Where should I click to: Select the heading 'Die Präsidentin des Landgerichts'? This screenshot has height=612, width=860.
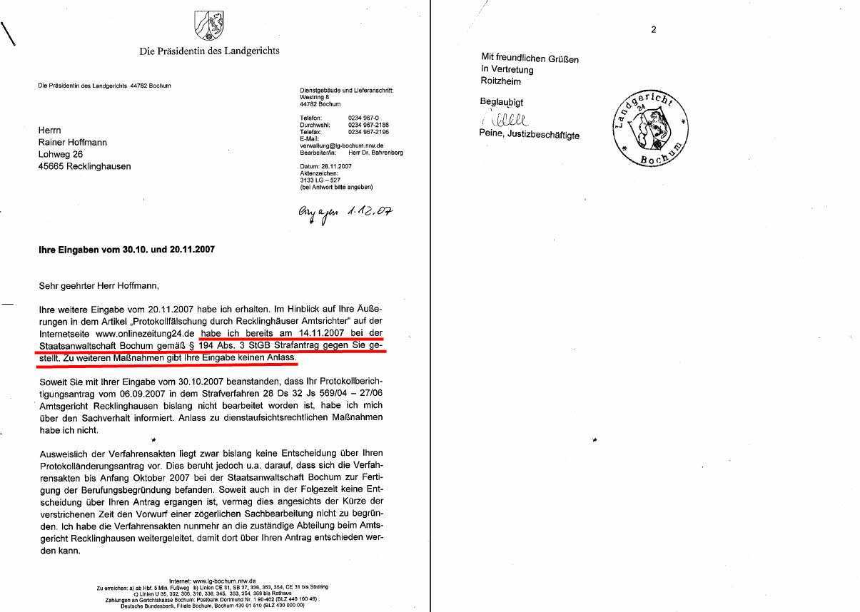pyautogui.click(x=209, y=51)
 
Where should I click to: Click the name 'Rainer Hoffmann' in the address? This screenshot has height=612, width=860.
pyautogui.click(x=73, y=142)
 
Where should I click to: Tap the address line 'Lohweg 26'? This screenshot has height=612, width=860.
pyautogui.click(x=61, y=154)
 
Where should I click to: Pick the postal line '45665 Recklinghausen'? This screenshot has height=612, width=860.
pyautogui.click(x=84, y=166)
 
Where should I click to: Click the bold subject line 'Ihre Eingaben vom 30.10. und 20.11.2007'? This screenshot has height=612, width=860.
pyautogui.click(x=126, y=250)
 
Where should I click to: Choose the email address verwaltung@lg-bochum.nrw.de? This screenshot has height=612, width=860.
pyautogui.click(x=340, y=146)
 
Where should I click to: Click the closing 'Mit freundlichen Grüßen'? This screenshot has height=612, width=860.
pyautogui.click(x=530, y=58)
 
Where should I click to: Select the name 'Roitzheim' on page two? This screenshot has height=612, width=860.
pyautogui.click(x=501, y=81)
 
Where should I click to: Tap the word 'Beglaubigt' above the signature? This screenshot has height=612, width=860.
pyautogui.click(x=502, y=103)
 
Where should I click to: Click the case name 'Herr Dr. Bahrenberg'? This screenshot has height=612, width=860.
pyautogui.click(x=375, y=153)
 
